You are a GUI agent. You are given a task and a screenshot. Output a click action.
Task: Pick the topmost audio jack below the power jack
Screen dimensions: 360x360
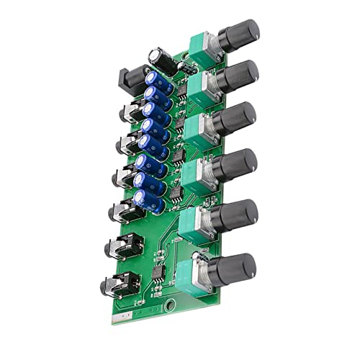pos(127,112)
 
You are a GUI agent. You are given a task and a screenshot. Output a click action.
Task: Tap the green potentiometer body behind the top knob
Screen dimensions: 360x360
pos(197,47)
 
